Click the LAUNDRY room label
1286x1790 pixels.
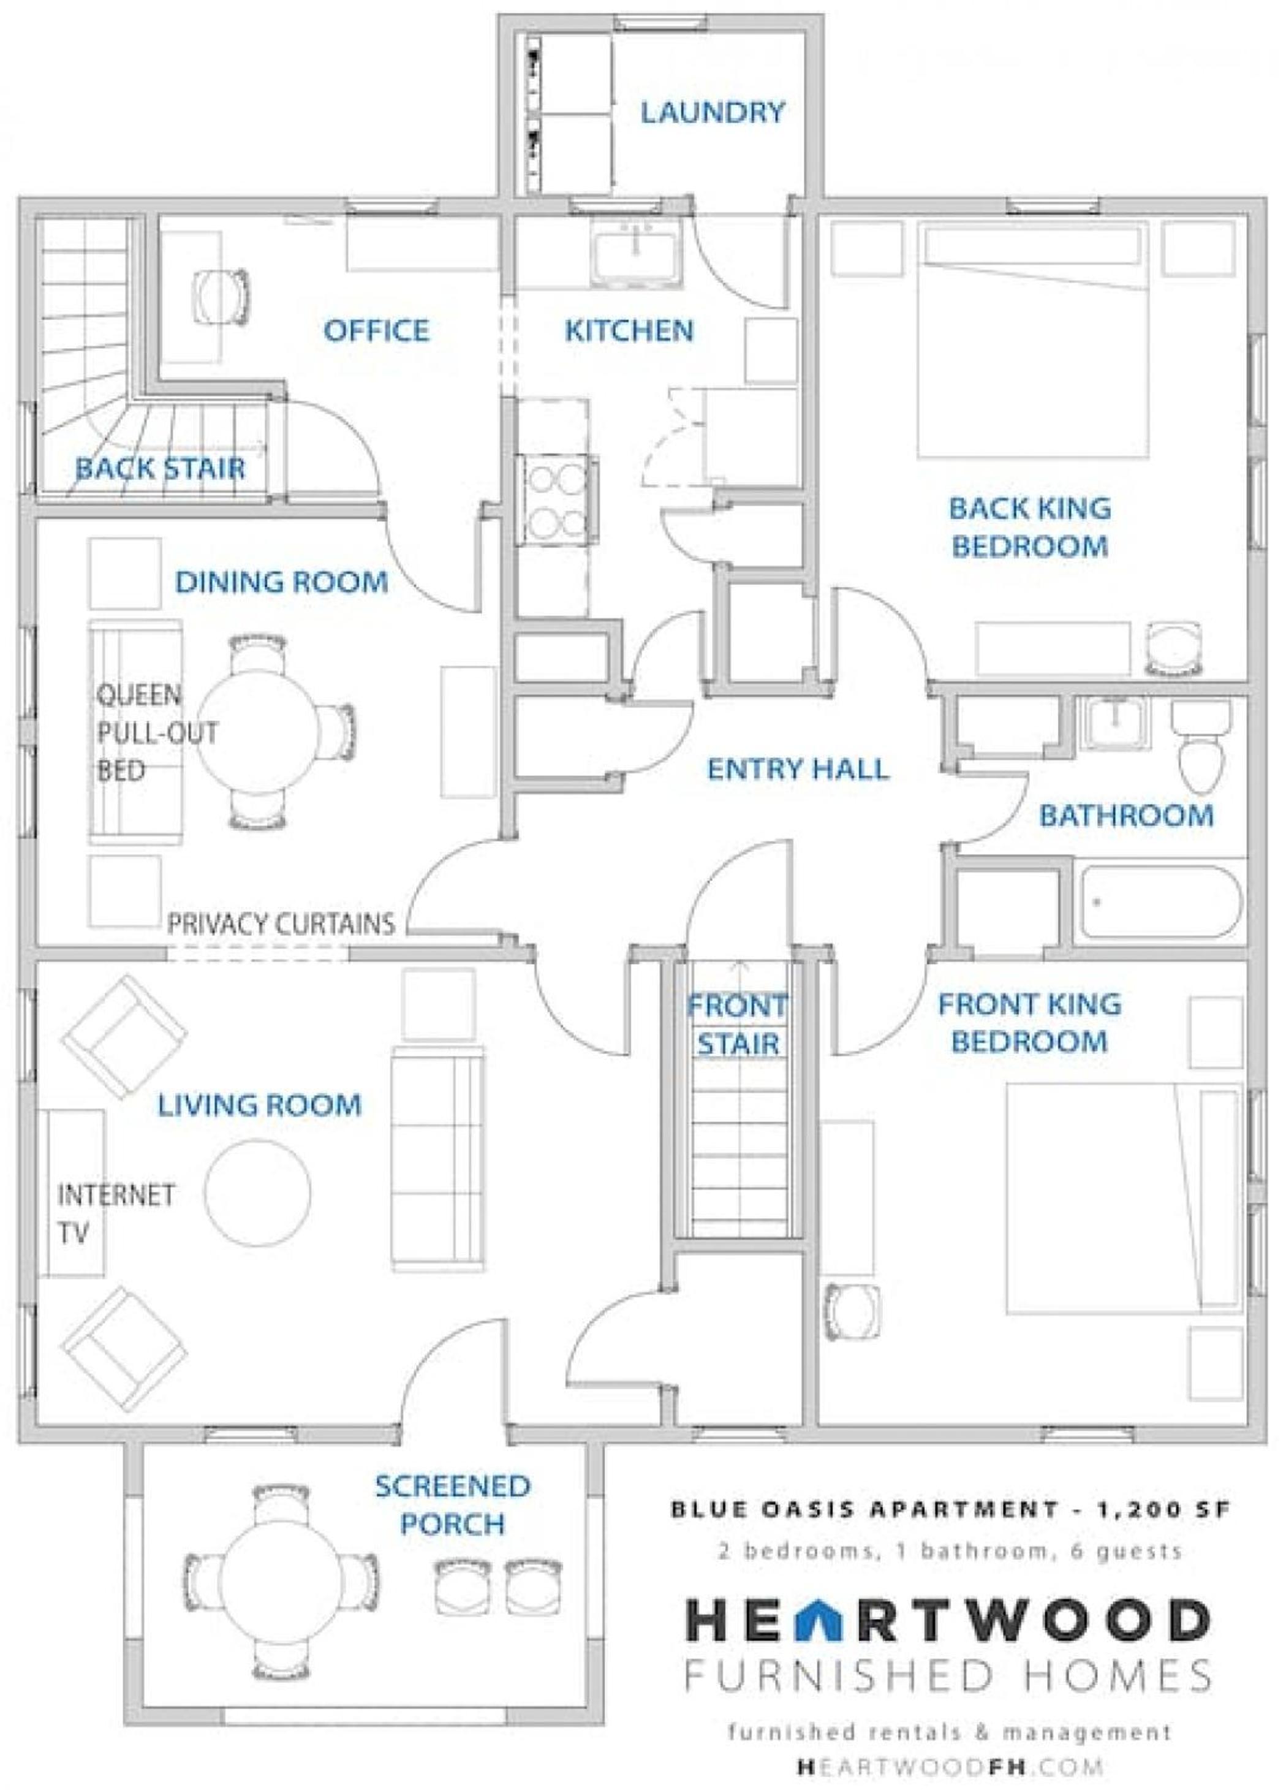(712, 112)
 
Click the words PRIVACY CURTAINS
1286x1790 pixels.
(281, 923)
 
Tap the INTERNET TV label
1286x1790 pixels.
(116, 1213)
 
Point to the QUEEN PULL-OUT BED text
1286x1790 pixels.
(157, 732)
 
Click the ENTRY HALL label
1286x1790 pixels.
(798, 768)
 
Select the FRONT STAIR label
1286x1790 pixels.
(738, 1025)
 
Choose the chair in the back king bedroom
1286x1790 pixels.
(1173, 649)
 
